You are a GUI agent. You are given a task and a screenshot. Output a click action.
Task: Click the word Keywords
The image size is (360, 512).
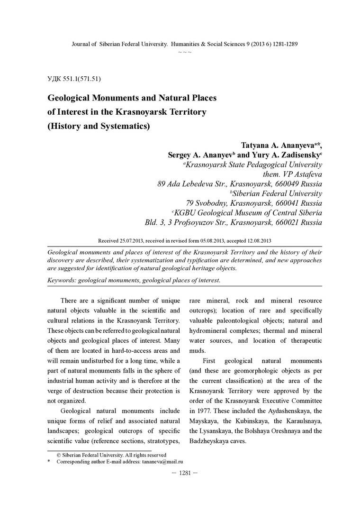pyautogui.click(x=62, y=280)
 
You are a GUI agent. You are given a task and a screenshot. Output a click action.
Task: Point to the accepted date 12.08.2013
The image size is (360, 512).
pyautogui.click(x=256, y=241)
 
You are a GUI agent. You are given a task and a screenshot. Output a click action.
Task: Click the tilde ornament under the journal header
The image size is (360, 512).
pyautogui.click(x=185, y=52)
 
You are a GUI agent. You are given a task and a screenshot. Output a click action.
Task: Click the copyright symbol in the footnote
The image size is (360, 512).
pyautogui.click(x=59, y=455)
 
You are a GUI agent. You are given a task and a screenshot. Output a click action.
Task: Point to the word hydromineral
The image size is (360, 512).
pyautogui.click(x=215, y=331)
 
